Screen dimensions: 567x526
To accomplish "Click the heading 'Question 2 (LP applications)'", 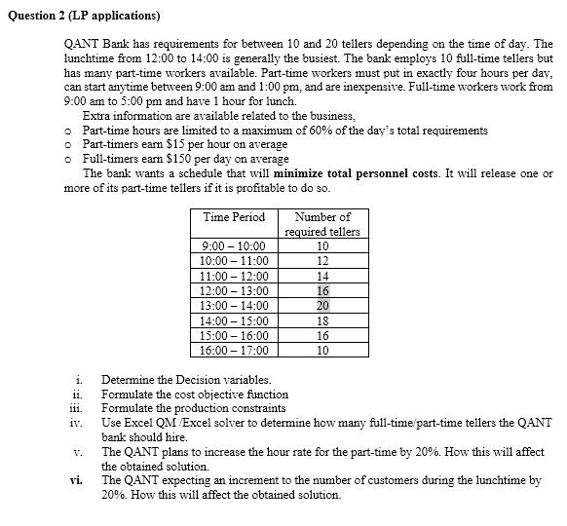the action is point(84,17).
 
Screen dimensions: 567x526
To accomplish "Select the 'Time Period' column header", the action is point(234,217).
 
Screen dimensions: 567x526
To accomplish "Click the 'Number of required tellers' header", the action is point(321,224).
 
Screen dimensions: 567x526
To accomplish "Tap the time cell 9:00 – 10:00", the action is point(234,246).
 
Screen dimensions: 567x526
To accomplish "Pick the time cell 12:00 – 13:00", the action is point(234,290).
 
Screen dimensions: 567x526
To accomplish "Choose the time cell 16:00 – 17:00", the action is point(234,349).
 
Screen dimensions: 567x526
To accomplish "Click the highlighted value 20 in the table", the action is point(322,305).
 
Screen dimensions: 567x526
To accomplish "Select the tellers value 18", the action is point(322,319).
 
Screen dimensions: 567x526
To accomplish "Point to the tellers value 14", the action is point(322,276).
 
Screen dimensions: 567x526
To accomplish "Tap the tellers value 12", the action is point(322,261).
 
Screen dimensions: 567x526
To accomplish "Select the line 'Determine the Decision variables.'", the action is point(186,380).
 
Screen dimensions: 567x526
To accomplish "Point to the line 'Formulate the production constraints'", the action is point(193,408).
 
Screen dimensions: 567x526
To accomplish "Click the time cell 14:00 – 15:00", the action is point(234,319).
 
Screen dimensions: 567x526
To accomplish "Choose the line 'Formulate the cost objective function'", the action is point(195,394).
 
